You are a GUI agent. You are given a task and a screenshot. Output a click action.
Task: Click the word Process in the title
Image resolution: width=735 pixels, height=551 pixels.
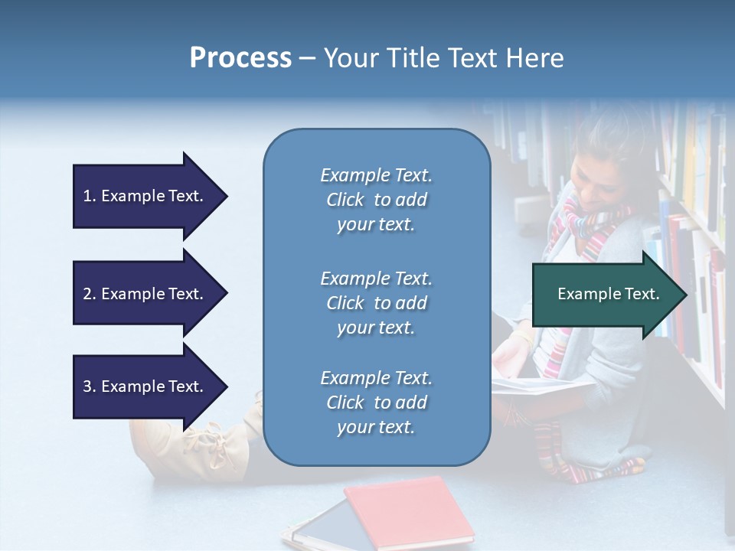240,58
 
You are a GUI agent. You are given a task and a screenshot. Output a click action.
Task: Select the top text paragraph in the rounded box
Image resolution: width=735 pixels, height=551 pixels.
376,200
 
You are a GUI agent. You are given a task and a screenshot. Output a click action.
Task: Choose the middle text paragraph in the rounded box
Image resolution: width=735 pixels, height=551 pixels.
376,303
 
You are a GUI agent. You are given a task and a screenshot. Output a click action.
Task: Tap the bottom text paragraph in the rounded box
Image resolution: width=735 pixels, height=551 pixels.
376,403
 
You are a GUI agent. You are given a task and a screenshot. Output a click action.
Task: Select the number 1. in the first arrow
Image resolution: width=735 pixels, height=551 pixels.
90,196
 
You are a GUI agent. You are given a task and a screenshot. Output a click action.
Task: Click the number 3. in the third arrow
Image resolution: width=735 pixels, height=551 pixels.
90,386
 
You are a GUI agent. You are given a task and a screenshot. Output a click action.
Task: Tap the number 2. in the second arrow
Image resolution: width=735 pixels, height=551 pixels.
90,294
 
